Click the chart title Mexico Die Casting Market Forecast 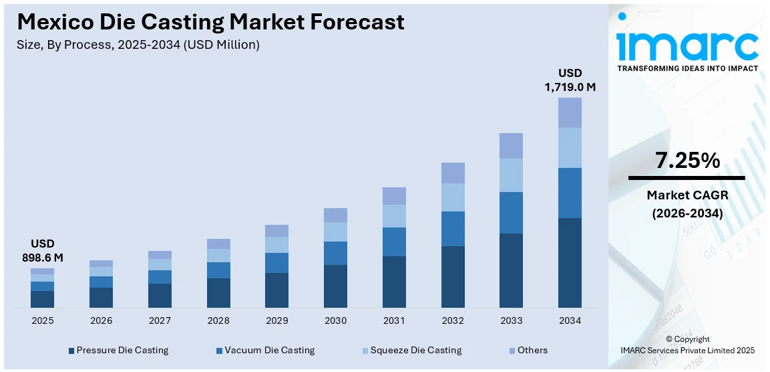tap(210, 22)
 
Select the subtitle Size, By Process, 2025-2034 tap(138, 45)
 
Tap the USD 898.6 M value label tap(42, 250)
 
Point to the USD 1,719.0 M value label tap(570, 80)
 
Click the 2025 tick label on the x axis tap(42, 321)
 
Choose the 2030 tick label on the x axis tap(335, 321)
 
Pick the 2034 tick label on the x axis tap(570, 321)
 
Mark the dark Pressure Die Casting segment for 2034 tap(570, 262)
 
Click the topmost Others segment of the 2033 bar tap(511, 146)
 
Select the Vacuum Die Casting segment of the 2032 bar tap(453, 229)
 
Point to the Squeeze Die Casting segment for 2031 tap(394, 216)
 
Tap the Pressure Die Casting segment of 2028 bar tap(218, 292)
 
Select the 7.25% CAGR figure tap(687, 161)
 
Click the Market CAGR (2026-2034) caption tap(687, 204)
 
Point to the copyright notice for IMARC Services tap(687, 345)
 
